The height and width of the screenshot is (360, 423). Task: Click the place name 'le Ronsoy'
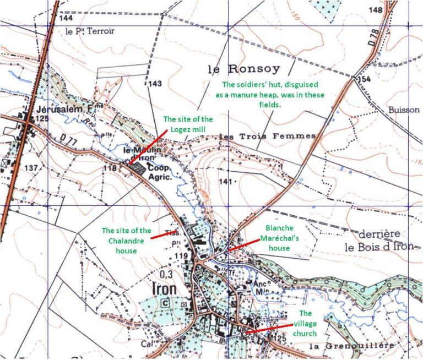[244, 69]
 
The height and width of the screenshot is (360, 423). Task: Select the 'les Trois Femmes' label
[267, 136]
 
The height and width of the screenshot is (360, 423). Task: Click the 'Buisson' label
[404, 110]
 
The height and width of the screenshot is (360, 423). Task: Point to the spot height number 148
[376, 10]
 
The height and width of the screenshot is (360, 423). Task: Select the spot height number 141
[224, 181]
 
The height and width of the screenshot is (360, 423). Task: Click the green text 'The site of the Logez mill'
[188, 124]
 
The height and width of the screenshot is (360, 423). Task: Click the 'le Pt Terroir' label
[90, 31]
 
